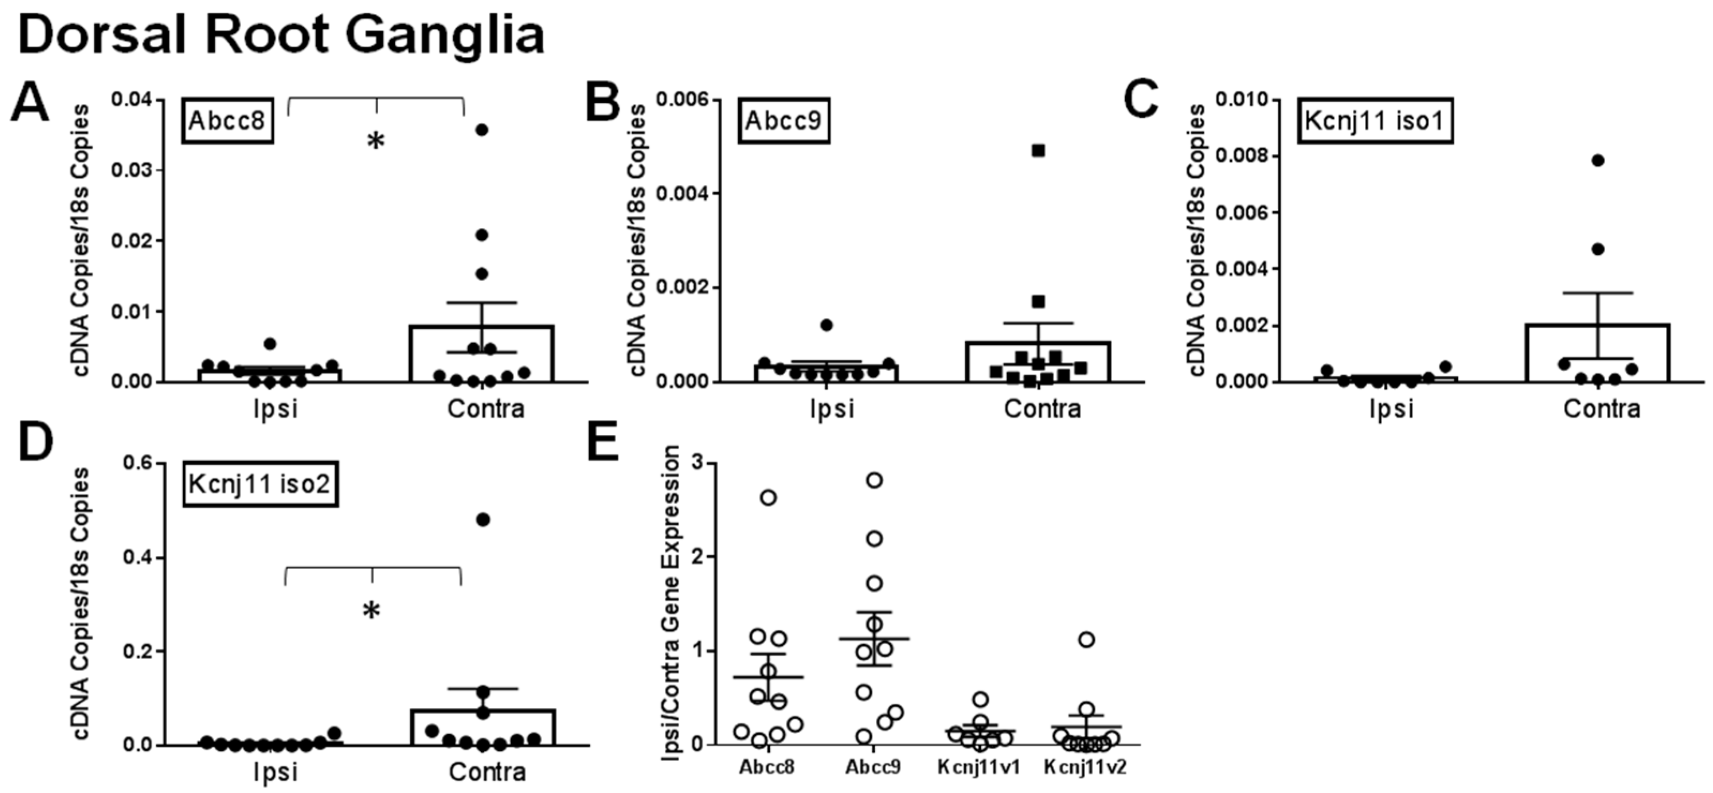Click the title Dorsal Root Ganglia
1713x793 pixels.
281,35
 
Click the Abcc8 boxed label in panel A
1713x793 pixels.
228,121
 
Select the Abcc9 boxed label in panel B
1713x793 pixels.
783,121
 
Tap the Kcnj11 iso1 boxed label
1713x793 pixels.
1374,121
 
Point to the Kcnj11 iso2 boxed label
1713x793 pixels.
259,484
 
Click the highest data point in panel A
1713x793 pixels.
482,130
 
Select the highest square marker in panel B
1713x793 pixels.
1038,151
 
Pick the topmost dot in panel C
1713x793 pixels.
1598,160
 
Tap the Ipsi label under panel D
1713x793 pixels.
275,772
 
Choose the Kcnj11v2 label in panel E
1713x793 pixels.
1085,767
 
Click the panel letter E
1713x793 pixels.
603,444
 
